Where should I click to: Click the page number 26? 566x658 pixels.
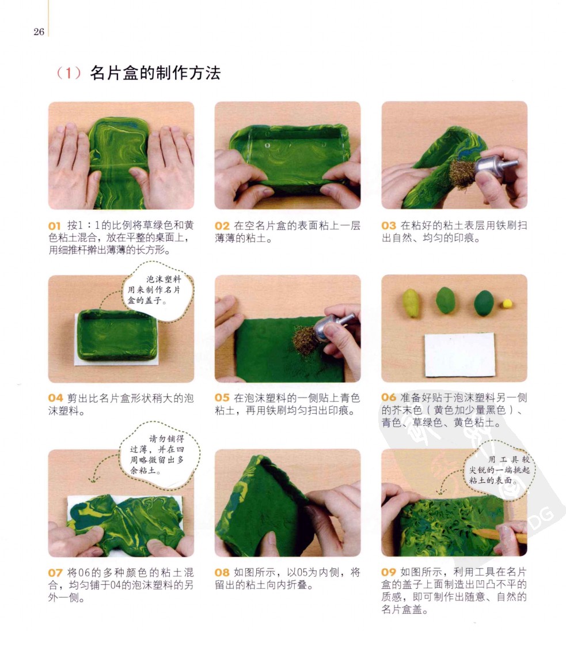pyautogui.click(x=39, y=32)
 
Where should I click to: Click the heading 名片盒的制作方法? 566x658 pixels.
pyautogui.click(x=155, y=73)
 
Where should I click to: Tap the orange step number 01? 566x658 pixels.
pyautogui.click(x=55, y=226)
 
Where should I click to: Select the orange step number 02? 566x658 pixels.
pyautogui.click(x=222, y=226)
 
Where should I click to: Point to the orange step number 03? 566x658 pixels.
pyautogui.click(x=389, y=226)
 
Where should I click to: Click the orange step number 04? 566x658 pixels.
pyautogui.click(x=55, y=398)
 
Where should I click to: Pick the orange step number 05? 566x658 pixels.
pyautogui.click(x=222, y=398)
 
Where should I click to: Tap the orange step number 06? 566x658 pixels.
pyautogui.click(x=389, y=398)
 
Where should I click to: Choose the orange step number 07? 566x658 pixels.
pyautogui.click(x=55, y=573)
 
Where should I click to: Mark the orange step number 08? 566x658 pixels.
pyautogui.click(x=222, y=572)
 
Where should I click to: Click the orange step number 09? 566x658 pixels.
pyautogui.click(x=389, y=572)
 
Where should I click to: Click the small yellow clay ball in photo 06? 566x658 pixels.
pyautogui.click(x=507, y=304)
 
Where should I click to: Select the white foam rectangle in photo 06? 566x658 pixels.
pyautogui.click(x=460, y=355)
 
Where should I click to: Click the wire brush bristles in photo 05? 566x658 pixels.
pyautogui.click(x=305, y=341)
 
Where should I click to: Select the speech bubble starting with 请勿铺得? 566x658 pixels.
pyautogui.click(x=159, y=455)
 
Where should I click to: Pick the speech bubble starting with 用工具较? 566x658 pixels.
pyautogui.click(x=499, y=470)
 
